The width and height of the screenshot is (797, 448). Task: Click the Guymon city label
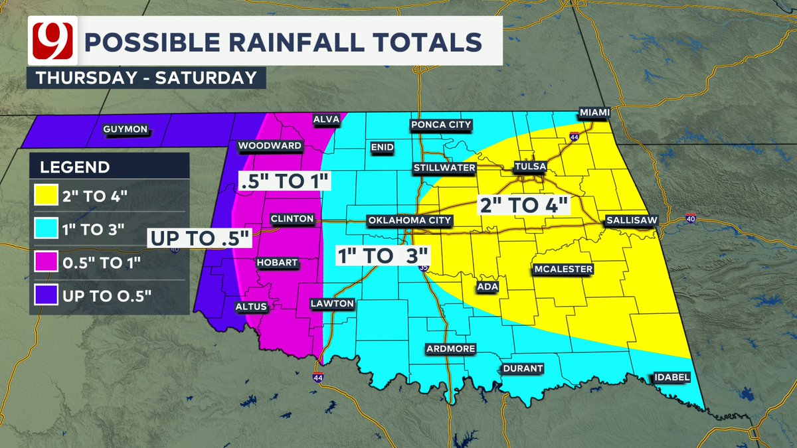[125, 130]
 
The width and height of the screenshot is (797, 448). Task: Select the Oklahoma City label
[410, 220]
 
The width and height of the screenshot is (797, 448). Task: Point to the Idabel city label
[672, 378]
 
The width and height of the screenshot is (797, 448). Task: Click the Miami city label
[594, 112]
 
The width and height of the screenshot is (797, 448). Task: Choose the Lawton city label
[332, 303]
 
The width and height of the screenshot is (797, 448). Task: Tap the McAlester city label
[563, 269]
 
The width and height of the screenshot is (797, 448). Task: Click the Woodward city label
[270, 145]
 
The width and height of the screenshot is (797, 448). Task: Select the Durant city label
[523, 368]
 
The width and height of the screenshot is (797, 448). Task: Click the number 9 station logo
[50, 41]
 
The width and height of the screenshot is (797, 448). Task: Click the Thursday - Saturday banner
[146, 77]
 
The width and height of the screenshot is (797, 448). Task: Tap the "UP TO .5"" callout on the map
[200, 237]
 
